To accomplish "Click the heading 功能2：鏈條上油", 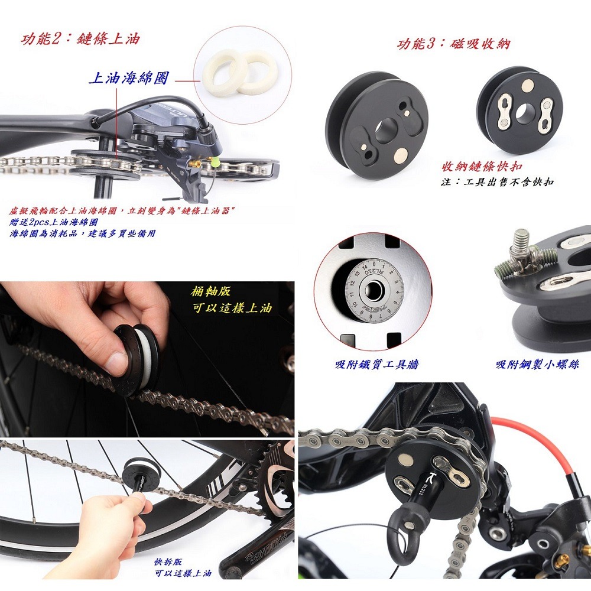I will pos(80,40).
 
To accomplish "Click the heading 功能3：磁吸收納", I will pos(453,44).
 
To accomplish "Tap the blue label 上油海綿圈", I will pos(128,78).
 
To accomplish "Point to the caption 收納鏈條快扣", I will pos(482,167).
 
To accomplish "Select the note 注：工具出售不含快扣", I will pos(497,182).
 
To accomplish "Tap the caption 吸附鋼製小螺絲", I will pos(537,365).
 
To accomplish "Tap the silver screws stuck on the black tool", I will pos(525,256).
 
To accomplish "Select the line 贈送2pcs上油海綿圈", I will pos(54,222).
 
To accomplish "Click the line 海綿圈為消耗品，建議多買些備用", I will pos(83,233).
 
